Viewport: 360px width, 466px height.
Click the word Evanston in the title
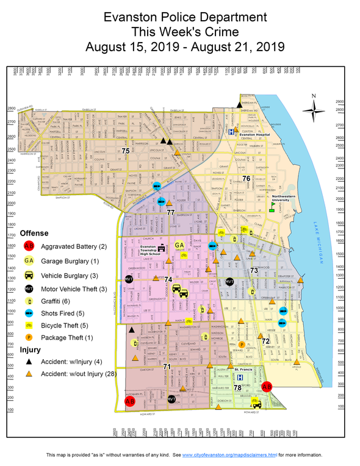[x=131, y=16]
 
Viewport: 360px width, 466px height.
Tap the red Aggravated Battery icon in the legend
[x=29, y=246]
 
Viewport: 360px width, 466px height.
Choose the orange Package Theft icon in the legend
[x=29, y=338]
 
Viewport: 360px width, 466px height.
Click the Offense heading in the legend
[x=34, y=233]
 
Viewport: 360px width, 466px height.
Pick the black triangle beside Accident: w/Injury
[x=29, y=362]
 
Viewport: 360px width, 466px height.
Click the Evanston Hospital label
[x=254, y=135]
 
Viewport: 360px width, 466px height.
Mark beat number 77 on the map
[x=170, y=212]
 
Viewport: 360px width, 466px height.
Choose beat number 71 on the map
[x=167, y=366]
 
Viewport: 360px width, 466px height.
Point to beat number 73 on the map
[x=254, y=269]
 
